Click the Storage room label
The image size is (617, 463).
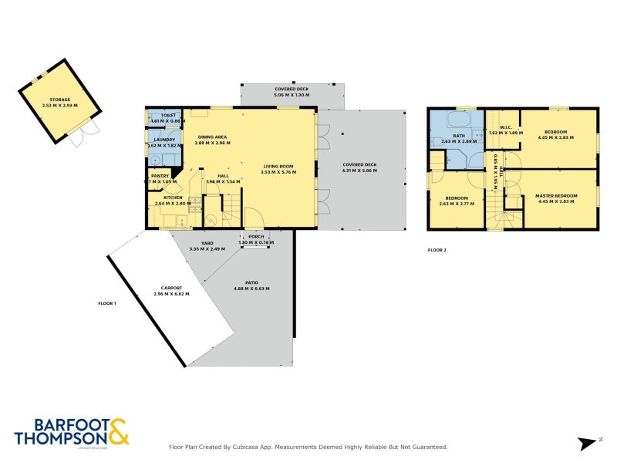(x=60, y=100)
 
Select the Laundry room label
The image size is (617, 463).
(x=164, y=140)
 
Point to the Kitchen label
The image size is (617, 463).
(x=173, y=198)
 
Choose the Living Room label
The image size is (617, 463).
(x=278, y=166)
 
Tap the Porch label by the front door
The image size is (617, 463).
(x=256, y=237)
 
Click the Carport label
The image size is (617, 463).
(x=171, y=288)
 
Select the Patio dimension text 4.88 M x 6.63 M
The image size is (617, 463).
(x=251, y=289)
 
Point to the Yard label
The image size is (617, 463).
(x=207, y=243)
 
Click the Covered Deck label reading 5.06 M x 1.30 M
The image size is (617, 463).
(x=292, y=90)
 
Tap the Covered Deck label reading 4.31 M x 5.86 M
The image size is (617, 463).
(x=359, y=164)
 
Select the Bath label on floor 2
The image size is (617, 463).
(x=459, y=136)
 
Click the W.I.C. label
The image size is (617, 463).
(x=506, y=127)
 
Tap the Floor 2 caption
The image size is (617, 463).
(x=437, y=250)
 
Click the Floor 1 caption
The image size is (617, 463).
(x=107, y=303)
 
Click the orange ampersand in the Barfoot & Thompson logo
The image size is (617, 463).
(x=118, y=431)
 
